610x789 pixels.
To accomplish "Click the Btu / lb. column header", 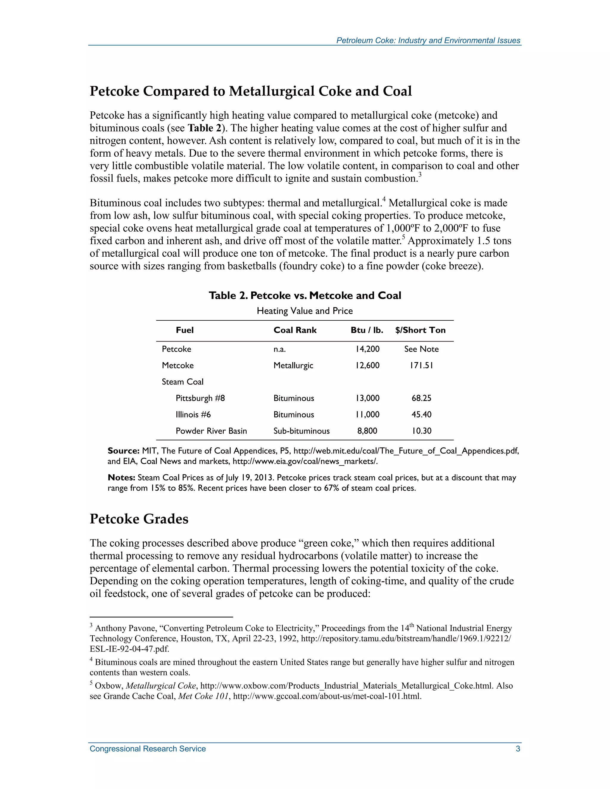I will tap(366, 330).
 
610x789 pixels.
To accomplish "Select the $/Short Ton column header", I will tap(420, 330).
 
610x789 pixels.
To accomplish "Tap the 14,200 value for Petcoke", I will tap(367, 349).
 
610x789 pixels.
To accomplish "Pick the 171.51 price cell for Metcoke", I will tap(421, 365).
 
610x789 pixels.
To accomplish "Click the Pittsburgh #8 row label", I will tap(200, 398).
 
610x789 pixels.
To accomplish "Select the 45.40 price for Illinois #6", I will tap(421, 414).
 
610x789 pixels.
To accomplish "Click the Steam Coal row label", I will tap(183, 382).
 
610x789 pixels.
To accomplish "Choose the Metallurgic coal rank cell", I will tap(293, 366).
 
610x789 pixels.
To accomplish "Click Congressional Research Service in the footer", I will tap(147, 749).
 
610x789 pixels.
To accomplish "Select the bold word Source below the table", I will tap(123, 451).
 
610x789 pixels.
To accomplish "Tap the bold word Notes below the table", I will tap(122, 478).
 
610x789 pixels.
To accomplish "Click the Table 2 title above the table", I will tap(305, 296).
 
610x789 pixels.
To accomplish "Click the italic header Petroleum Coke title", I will tap(428, 40).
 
